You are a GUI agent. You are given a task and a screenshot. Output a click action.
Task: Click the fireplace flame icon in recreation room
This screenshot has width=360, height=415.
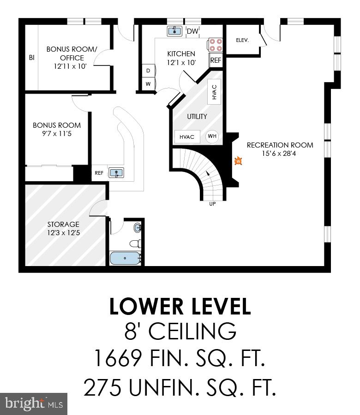coord(238,161)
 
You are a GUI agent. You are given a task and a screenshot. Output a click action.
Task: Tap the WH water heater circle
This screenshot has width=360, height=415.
coord(212,136)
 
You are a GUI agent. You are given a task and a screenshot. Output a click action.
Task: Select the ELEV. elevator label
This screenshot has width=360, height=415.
coord(242,40)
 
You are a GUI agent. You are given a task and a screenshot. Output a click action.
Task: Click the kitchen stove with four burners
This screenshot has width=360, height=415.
coord(216,45)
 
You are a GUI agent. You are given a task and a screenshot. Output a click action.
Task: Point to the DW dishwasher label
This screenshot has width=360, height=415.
coord(192,31)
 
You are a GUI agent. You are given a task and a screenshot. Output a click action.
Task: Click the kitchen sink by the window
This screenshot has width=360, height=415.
coord(174,31)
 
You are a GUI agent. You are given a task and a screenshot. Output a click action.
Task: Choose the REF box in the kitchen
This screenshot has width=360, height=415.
coord(216,60)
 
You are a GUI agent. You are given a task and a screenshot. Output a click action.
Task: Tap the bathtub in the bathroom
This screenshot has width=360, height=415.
coord(125,258)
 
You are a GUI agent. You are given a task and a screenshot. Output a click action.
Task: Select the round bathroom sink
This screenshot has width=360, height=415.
coord(138,227)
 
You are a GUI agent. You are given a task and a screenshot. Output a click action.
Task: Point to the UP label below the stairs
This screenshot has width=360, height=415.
coord(213,204)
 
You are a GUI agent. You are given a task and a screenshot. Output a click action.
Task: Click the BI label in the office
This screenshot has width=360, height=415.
coord(31,58)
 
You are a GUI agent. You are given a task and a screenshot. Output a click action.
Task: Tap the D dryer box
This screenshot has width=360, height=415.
coord(148,71)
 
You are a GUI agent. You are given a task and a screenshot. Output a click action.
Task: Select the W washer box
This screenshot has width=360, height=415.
coord(148,84)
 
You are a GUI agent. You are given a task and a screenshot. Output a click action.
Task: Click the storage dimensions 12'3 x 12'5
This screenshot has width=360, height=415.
coord(63,233)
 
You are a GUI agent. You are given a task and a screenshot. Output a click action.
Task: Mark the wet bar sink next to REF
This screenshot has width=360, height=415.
coord(116,173)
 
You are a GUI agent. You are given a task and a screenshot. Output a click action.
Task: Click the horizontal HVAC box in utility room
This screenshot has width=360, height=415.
coord(187,136)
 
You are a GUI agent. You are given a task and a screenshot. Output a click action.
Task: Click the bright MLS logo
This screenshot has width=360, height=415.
coord(34,403)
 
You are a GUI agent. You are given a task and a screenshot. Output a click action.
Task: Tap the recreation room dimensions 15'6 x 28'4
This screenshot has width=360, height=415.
coord(280,153)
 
